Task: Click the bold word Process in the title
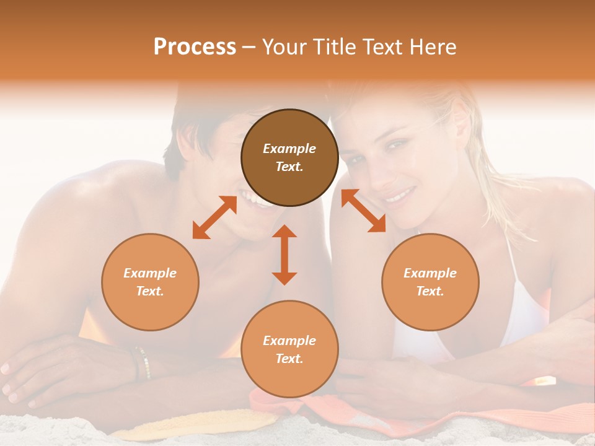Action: pyautogui.click(x=195, y=46)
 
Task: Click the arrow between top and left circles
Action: pyautogui.click(x=214, y=217)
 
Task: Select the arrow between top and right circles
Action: pyautogui.click(x=363, y=211)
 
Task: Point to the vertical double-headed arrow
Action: pyautogui.click(x=284, y=255)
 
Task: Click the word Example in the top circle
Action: pyautogui.click(x=289, y=149)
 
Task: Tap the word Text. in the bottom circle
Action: pyautogui.click(x=289, y=359)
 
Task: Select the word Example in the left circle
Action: pyautogui.click(x=150, y=273)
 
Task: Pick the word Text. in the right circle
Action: pyautogui.click(x=430, y=291)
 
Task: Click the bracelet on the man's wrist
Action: pyautogui.click(x=142, y=362)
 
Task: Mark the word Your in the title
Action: pyautogui.click(x=283, y=46)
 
